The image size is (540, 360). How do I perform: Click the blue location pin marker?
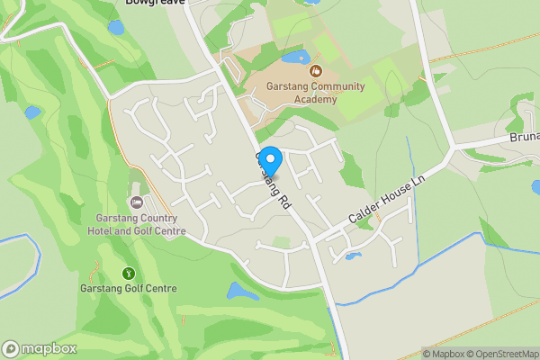click(x=270, y=159)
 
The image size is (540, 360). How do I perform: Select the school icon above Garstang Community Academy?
click(x=315, y=70)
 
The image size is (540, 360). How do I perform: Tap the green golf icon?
click(x=129, y=273)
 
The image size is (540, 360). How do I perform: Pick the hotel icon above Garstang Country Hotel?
click(x=137, y=202)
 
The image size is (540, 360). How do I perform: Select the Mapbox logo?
click(x=40, y=349)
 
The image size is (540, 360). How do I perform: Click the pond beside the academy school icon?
click(x=295, y=57)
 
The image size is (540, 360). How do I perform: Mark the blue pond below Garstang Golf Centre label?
click(x=241, y=292)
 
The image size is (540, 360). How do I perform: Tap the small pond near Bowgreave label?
click(x=116, y=28)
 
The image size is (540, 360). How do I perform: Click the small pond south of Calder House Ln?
click(x=353, y=256)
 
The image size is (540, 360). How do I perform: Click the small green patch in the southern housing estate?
click(x=282, y=241)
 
